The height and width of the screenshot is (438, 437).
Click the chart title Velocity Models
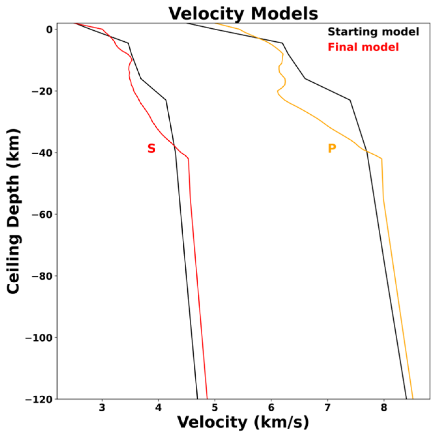click(x=243, y=14)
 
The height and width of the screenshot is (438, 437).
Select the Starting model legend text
click(x=373, y=32)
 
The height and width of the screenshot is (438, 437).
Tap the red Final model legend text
click(x=363, y=47)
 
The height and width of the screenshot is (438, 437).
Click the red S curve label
click(x=151, y=148)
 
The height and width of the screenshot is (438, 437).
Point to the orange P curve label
click(x=331, y=148)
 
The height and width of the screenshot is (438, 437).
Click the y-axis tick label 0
click(x=49, y=30)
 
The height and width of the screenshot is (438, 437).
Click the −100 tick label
click(x=39, y=338)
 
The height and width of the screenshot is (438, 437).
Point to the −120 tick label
click(x=39, y=399)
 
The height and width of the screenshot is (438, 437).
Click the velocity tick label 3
click(x=102, y=408)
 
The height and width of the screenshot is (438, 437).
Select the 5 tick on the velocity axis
click(x=215, y=408)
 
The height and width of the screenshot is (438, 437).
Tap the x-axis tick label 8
click(x=384, y=408)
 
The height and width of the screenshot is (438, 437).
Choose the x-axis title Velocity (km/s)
click(x=243, y=422)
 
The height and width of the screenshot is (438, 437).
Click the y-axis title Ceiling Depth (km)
click(x=14, y=212)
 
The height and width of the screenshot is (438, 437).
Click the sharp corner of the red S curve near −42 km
click(x=188, y=159)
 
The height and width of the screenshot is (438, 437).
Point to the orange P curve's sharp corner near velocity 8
click(x=381, y=159)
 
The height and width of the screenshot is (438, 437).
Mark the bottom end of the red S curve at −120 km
click(x=207, y=398)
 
